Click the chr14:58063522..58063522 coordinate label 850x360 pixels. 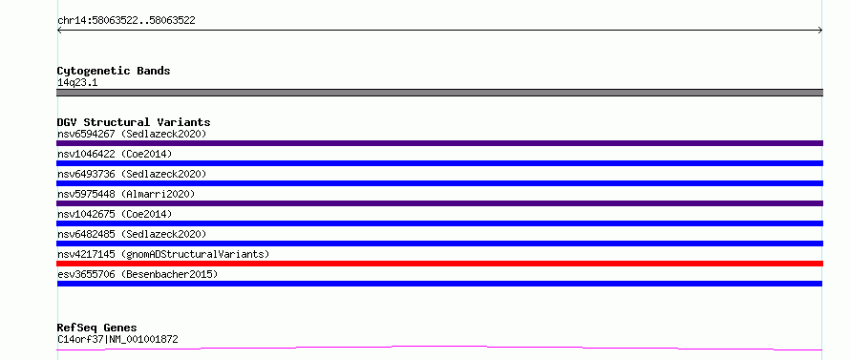(126, 21)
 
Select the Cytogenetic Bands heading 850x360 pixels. (114, 71)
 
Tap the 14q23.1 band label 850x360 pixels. (77, 83)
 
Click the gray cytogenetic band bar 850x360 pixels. (439, 93)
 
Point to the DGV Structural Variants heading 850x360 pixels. (134, 122)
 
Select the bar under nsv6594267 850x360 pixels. (439, 143)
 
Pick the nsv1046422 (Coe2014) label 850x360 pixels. (115, 154)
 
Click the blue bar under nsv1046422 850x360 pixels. (439, 163)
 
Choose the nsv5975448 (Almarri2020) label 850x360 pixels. (126, 194)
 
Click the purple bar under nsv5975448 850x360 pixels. (439, 203)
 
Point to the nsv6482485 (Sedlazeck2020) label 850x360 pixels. (132, 234)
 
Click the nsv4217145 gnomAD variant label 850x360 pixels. (163, 254)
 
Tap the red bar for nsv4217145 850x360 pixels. (439, 264)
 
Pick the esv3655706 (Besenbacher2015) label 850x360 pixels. (138, 274)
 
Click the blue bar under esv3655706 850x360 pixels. (439, 284)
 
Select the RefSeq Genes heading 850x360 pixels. (97, 328)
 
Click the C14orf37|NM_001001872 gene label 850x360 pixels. (117, 340)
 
